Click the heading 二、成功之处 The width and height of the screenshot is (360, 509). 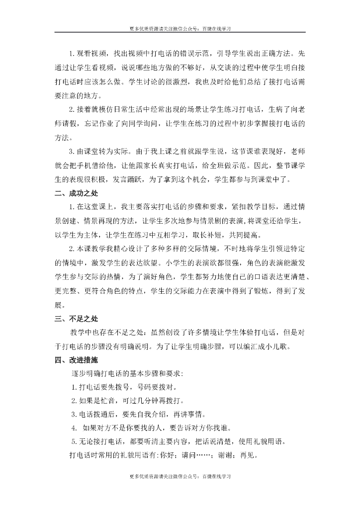click(76, 194)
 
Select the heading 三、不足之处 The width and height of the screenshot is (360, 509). click(76, 319)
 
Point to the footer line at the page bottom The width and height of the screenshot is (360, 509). click(180, 476)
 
